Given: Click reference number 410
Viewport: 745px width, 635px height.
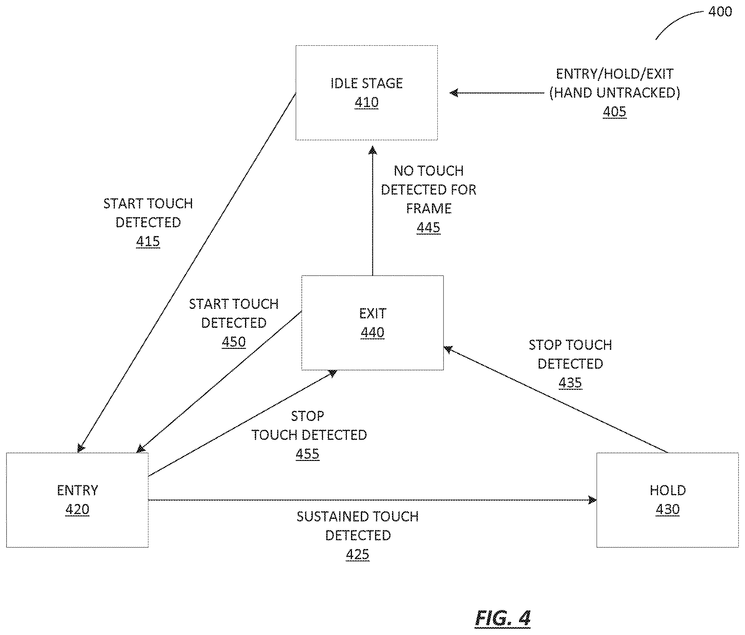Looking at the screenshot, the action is (x=366, y=102).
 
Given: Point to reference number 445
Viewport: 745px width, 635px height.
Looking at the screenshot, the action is (x=428, y=228).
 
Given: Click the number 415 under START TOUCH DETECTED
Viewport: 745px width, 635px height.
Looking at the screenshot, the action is (x=148, y=241).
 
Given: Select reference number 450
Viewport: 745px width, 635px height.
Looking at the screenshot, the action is (x=234, y=342).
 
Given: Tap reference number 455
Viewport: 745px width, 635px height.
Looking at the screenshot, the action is (x=307, y=454).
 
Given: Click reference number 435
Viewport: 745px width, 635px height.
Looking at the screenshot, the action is (x=570, y=383).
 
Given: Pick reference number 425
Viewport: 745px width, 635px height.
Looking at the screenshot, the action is (x=357, y=554).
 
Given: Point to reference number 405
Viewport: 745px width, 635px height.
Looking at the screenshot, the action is (x=615, y=112).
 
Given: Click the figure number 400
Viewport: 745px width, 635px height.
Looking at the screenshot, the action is (x=720, y=12).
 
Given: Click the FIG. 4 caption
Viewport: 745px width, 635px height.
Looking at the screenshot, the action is (x=502, y=618).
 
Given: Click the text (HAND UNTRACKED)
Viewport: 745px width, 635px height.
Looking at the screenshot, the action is (x=615, y=93).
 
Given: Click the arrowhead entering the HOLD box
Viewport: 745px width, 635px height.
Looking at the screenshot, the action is (x=592, y=500).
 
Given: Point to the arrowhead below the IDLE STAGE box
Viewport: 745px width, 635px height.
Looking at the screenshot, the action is (x=373, y=150).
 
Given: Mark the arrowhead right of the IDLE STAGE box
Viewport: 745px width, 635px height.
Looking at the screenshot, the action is (x=454, y=93).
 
